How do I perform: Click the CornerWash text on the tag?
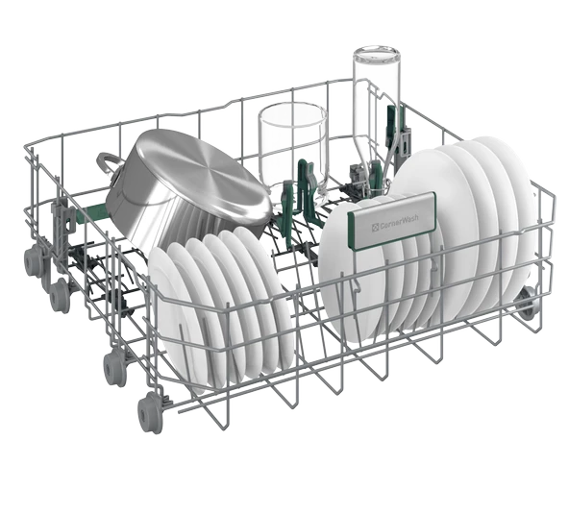click(399, 221)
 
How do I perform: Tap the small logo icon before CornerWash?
click(375, 228)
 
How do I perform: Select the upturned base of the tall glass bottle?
click(377, 54)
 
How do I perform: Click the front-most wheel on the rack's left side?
click(149, 413)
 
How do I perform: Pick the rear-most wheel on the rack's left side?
click(34, 259)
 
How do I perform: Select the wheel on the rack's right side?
click(527, 304)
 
